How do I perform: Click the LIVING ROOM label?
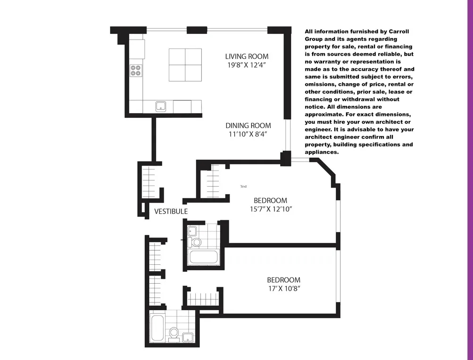247,57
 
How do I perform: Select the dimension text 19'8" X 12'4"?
247,65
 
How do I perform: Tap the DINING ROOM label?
248,125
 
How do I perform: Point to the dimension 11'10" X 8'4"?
248,134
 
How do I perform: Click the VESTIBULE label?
171,212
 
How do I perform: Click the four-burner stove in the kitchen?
136,70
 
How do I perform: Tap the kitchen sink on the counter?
161,106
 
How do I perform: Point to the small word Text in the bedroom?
243,187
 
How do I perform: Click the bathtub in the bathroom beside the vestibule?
203,258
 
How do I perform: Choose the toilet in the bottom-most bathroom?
174,333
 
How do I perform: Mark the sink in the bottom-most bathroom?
188,336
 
